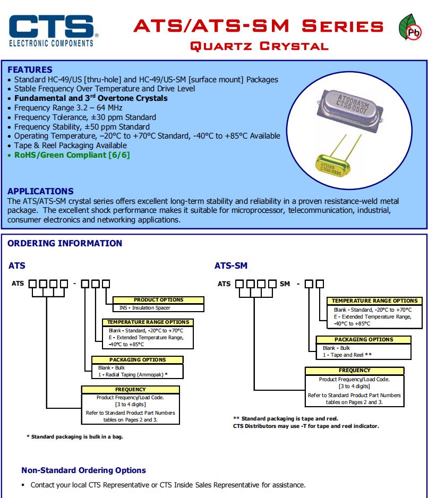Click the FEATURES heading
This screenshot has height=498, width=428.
point(30,70)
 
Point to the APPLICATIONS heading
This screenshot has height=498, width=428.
point(40,191)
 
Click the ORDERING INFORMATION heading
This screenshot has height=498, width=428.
point(65,243)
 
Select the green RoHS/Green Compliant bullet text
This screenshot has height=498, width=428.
point(72,155)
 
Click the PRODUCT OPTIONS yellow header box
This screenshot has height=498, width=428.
point(158,300)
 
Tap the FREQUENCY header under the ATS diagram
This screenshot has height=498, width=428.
point(130,389)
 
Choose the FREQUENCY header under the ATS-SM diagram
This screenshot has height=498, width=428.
point(354,370)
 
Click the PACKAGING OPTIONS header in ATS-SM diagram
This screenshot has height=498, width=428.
point(364,339)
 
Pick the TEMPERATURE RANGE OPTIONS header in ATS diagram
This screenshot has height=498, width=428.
point(148,322)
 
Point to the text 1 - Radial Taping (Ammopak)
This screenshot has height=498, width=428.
point(133,374)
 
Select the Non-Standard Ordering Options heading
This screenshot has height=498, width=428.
point(83,470)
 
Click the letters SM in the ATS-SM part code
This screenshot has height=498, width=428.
point(285,284)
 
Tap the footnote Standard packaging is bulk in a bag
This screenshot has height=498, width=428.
point(78,436)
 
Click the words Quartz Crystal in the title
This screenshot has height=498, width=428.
point(259,46)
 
